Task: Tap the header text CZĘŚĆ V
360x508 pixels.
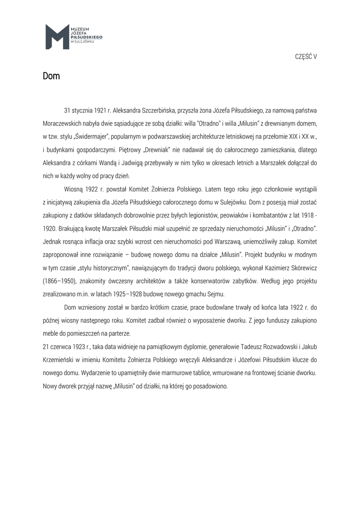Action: tap(306, 57)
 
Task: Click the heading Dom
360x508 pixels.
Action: tap(51, 76)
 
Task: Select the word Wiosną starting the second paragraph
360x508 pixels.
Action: tap(74, 189)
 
